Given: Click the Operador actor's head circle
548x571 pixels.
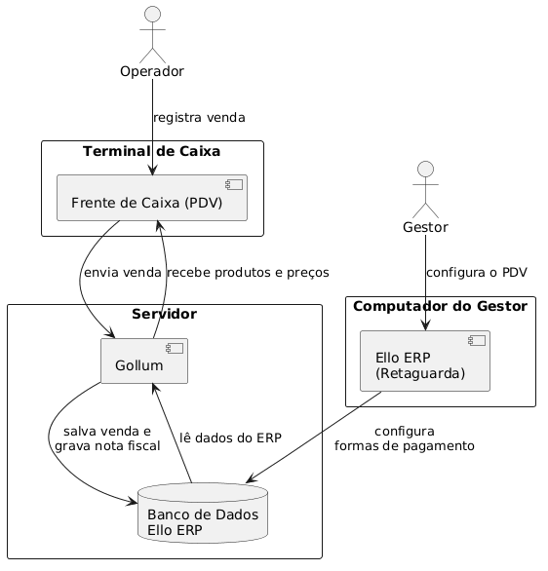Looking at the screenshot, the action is pos(153,15).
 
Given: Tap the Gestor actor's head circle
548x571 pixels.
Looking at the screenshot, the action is pos(425,170).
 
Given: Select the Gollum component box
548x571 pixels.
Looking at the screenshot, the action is pos(144,361).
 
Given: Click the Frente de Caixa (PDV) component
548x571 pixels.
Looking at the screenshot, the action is pos(152,198).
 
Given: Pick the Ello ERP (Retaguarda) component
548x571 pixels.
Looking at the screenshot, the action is pos(425,361).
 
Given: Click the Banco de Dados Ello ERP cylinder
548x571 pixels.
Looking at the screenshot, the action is pos(203,514).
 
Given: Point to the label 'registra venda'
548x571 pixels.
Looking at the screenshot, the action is pos(199,118).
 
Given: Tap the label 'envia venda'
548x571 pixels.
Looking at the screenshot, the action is pos(123,273).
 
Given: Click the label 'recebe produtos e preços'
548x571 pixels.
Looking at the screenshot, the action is pos(248,273).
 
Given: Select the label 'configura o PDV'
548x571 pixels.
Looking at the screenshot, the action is pos(477,273).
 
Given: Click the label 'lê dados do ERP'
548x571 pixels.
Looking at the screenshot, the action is pos(231,438).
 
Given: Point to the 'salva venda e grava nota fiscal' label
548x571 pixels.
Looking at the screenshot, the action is pos(107,438).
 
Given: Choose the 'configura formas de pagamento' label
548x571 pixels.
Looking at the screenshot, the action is pos(405,438).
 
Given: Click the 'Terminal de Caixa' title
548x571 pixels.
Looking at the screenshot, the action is pos(151,151).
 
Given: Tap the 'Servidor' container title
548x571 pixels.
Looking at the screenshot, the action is pos(165,314).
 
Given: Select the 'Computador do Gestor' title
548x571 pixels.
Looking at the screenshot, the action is pos(440,306).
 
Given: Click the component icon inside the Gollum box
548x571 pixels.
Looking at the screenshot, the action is pos(175,349).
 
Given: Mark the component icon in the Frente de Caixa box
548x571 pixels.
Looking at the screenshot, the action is pos(234,185).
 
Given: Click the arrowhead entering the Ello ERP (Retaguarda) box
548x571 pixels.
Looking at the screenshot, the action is pos(425,325).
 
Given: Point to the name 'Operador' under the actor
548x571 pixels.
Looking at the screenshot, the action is pos(152,71).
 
